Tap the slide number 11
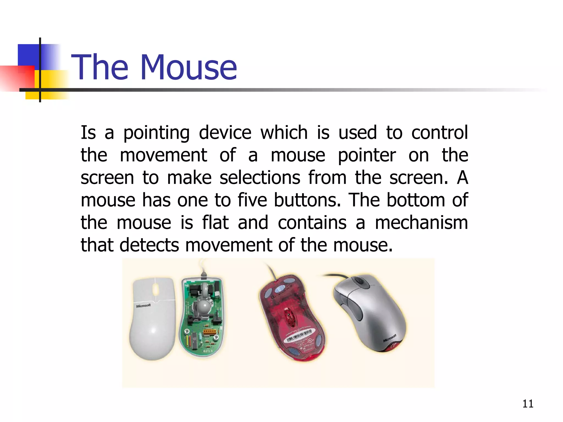(528, 404)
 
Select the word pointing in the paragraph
(156, 133)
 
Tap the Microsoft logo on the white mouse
(143, 306)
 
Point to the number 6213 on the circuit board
(208, 351)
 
